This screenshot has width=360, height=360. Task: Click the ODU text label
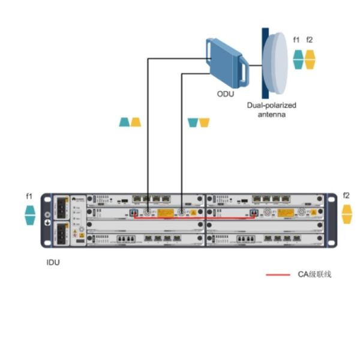[225, 94]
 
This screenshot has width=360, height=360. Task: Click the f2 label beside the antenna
[310, 40]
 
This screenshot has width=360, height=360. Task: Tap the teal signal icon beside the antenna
[298, 59]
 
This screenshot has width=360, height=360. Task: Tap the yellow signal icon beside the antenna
[310, 59]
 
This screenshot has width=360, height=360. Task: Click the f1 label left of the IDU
[29, 196]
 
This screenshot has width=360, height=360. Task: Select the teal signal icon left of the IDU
[29, 215]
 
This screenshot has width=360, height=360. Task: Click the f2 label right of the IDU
[346, 196]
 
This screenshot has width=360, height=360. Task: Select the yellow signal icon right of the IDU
[346, 213]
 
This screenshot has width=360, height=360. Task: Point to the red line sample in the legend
[277, 274]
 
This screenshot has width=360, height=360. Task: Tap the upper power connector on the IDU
[62, 208]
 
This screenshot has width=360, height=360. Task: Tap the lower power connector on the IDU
[62, 234]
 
